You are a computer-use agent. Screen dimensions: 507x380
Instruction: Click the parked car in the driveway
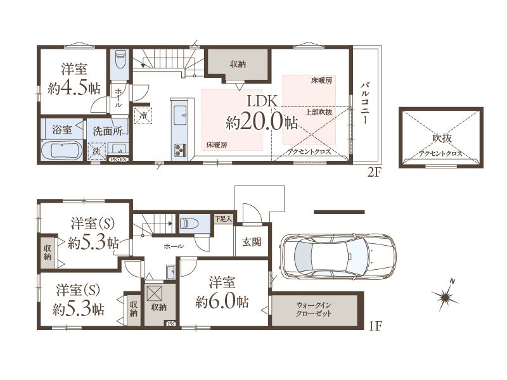(338, 256)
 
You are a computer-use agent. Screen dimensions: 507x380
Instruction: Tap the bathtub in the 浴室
(61, 150)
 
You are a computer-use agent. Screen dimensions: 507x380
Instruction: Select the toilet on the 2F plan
(120, 59)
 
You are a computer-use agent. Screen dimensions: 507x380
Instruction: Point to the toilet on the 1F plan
(191, 224)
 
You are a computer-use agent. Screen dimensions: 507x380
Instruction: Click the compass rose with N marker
(446, 295)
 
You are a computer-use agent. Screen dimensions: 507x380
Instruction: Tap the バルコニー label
(366, 103)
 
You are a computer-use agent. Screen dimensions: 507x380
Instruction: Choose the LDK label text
(262, 101)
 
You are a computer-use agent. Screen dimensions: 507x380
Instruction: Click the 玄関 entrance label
(252, 242)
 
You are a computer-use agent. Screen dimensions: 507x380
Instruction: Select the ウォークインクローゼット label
(314, 309)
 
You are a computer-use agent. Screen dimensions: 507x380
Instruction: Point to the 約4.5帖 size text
(74, 87)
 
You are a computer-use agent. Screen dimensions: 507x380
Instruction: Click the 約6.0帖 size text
(222, 302)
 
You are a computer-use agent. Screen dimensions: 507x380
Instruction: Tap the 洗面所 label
(108, 131)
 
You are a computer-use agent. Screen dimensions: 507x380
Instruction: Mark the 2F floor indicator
(375, 173)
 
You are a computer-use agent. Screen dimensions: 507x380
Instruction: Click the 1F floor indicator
(375, 326)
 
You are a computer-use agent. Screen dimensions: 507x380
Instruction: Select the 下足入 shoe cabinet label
(224, 218)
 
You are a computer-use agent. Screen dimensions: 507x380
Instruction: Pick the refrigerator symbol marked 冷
(143, 115)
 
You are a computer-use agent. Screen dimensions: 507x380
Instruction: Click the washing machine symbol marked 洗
(97, 151)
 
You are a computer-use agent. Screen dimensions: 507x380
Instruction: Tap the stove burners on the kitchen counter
(180, 150)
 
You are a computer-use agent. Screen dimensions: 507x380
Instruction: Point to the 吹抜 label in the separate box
(442, 138)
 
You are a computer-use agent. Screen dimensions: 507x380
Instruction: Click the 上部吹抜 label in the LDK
(319, 112)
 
